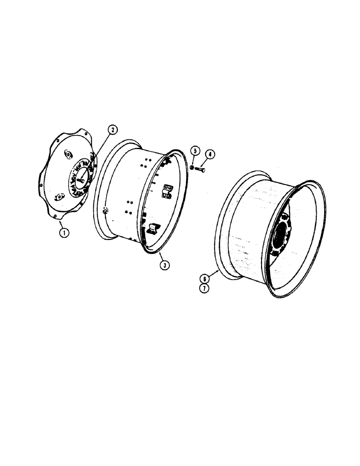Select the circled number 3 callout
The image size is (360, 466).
[164, 265]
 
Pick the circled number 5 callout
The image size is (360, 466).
[195, 151]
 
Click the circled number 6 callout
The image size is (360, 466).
[204, 279]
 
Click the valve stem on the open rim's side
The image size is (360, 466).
[105, 211]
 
